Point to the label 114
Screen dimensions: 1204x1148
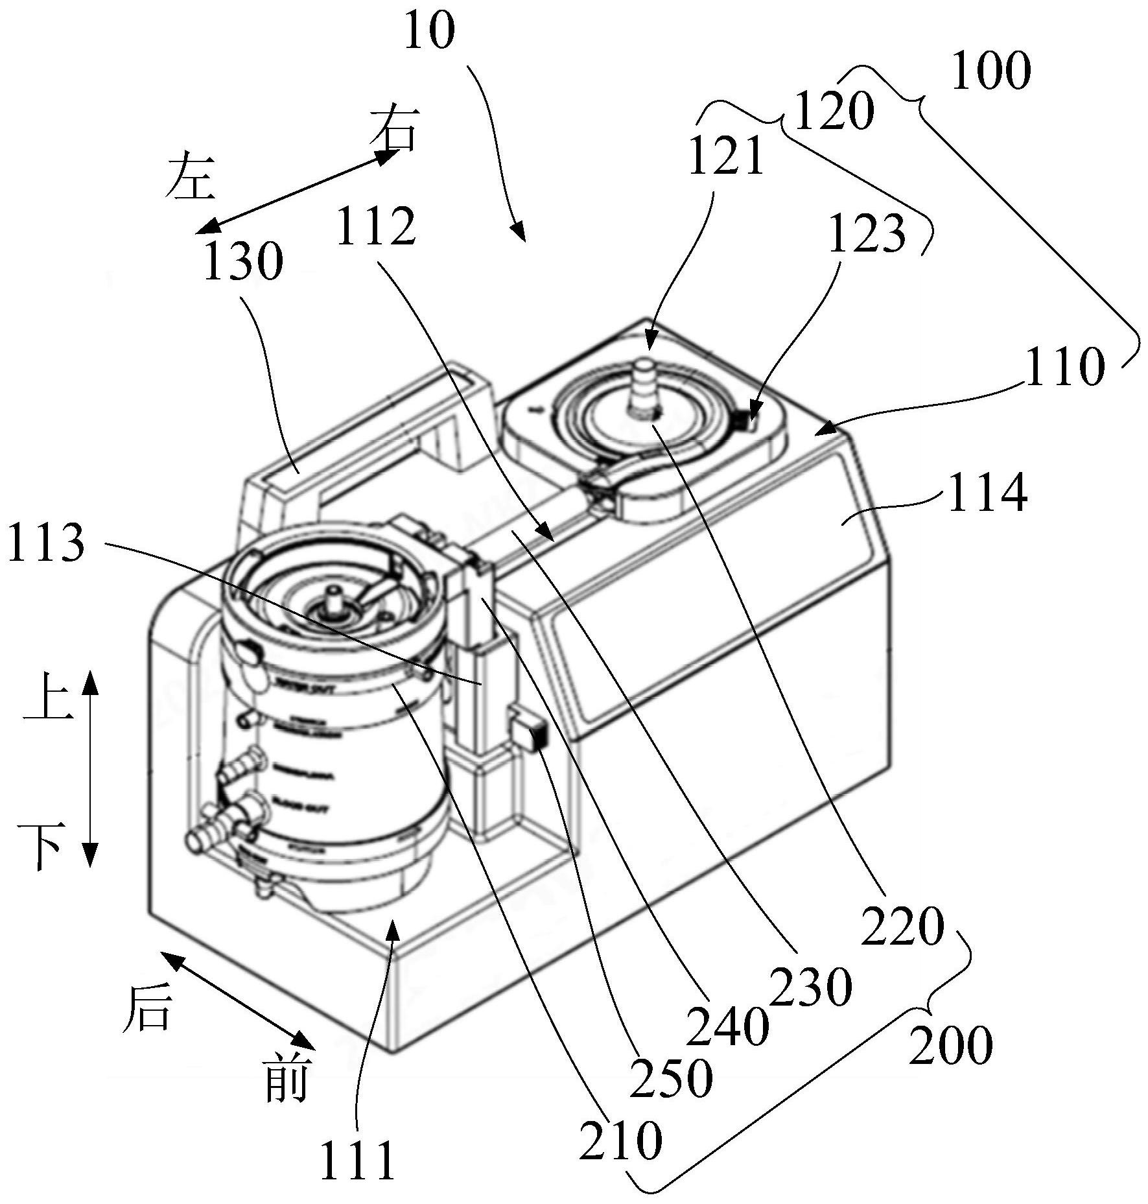[x=987, y=493]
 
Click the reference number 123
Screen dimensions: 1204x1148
[x=867, y=233]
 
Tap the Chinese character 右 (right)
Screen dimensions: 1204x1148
[x=393, y=129]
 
